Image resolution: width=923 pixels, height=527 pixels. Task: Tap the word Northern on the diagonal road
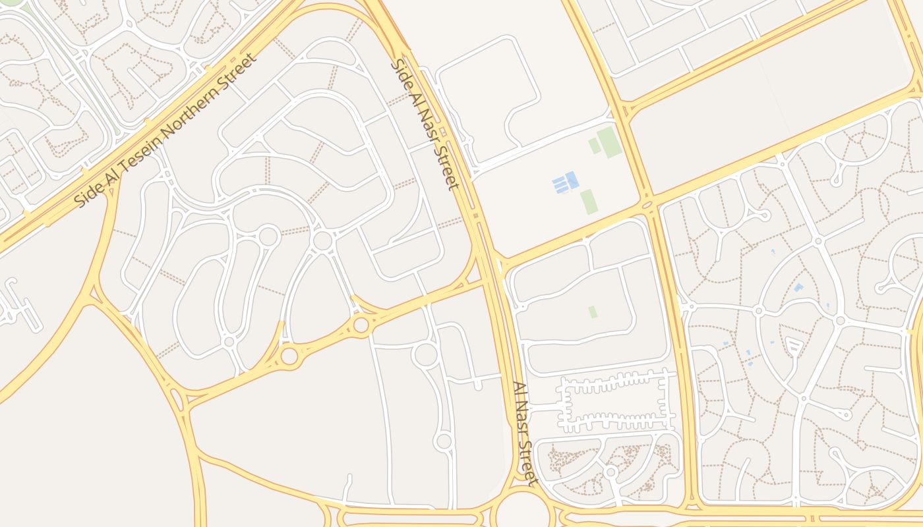197,105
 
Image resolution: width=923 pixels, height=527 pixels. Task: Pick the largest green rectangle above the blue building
609,142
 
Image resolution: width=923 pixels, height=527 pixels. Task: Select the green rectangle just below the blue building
588,202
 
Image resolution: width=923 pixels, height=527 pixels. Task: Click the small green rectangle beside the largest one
594,146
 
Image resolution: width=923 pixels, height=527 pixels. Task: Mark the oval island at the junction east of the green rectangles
647,206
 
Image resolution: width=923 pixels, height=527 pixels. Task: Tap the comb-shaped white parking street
615,402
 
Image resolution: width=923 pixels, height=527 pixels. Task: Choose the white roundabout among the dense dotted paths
611,472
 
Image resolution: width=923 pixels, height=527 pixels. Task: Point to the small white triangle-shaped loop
794,345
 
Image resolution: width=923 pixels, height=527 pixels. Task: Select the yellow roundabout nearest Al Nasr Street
361,325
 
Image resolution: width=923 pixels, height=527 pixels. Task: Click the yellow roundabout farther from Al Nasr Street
289,356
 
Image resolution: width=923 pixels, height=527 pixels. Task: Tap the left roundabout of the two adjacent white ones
268,236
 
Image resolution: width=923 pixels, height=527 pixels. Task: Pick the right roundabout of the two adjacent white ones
322,240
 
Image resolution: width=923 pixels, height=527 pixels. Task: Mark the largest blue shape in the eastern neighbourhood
798,288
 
